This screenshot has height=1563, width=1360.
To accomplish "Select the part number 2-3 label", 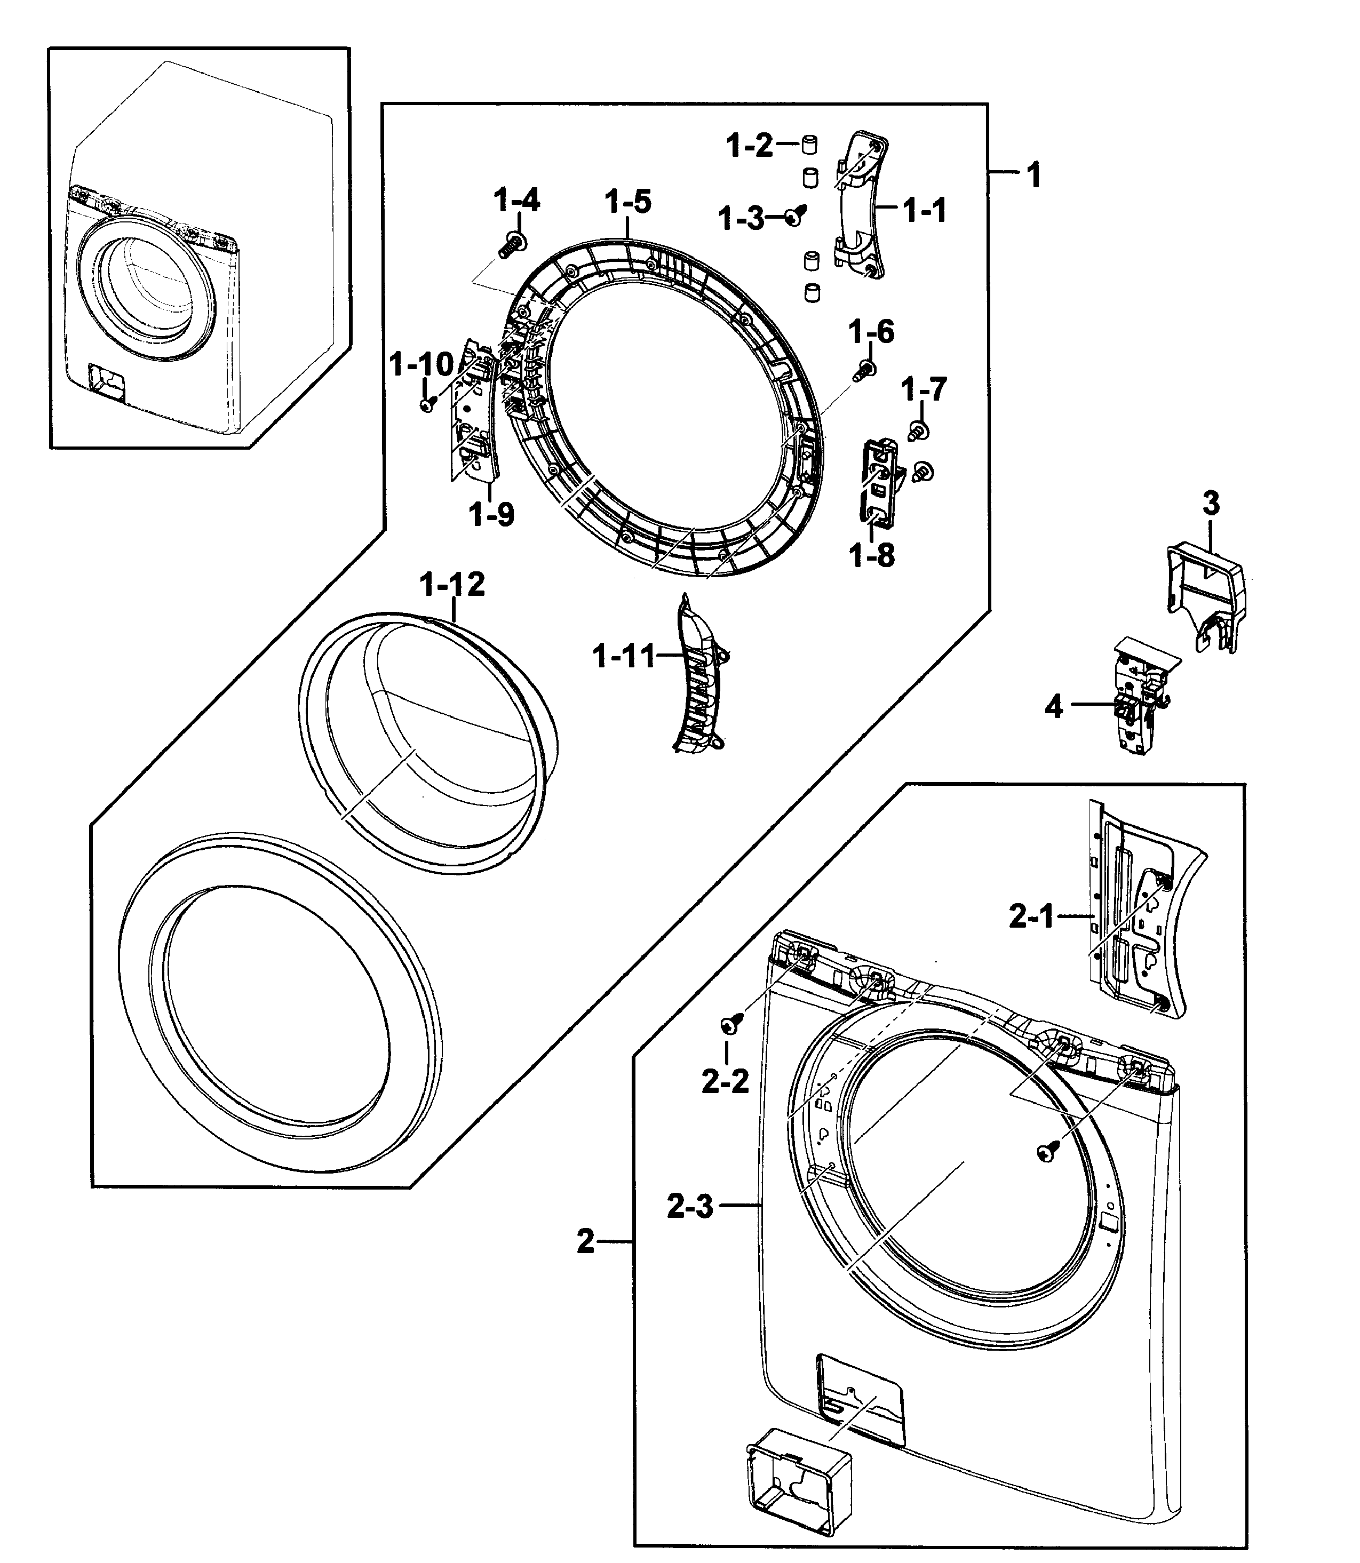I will tap(690, 1206).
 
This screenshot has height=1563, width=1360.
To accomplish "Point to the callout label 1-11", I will tap(623, 656).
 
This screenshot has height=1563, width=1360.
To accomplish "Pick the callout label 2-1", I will tap(1031, 918).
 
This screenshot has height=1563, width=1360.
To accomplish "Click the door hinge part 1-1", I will tap(861, 206).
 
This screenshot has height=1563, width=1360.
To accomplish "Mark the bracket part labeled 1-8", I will tap(880, 484).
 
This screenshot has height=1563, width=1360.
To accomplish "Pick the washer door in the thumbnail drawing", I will tap(144, 288).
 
